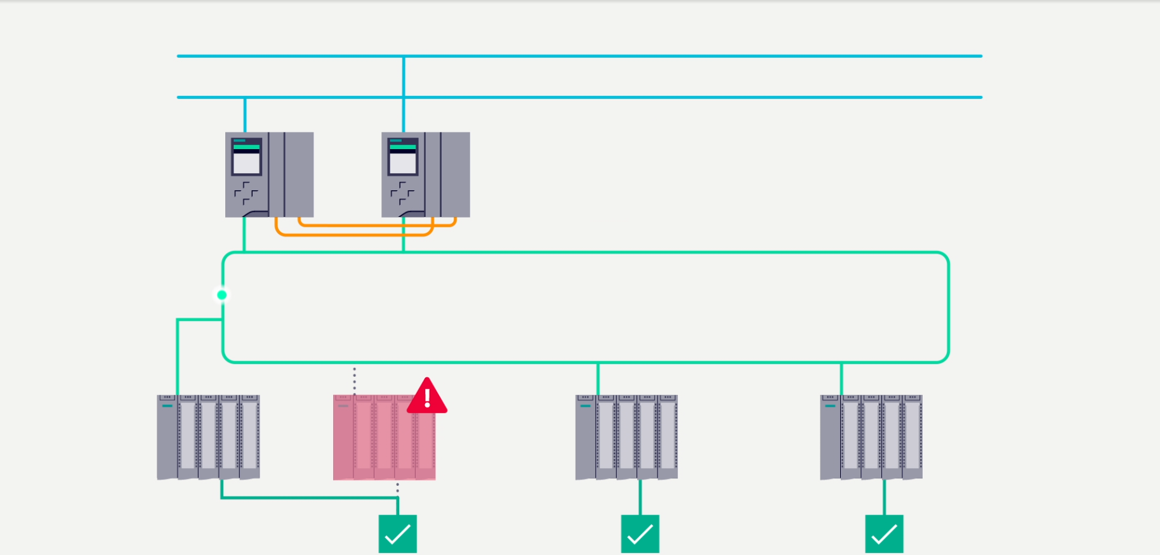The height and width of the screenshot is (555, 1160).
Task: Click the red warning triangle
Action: point(427,397)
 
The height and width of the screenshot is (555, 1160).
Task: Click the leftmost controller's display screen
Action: point(246,162)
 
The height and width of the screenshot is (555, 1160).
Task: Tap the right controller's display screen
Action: point(402,162)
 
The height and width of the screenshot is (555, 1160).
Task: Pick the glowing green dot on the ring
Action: point(221,295)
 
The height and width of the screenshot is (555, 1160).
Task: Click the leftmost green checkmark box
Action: point(398,534)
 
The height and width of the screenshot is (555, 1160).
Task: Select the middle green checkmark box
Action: point(640,534)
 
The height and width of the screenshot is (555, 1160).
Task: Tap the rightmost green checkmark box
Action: point(884,534)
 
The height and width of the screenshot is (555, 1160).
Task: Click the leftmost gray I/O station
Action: point(208,437)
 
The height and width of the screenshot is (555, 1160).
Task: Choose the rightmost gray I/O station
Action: point(871,437)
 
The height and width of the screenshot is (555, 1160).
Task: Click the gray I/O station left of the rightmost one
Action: point(626,437)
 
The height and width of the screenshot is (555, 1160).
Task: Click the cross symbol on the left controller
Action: point(246,193)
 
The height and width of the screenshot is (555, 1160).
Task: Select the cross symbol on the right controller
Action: point(402,193)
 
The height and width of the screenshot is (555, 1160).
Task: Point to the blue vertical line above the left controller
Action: point(245,115)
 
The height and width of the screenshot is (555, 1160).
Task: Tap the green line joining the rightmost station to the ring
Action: point(841,379)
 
